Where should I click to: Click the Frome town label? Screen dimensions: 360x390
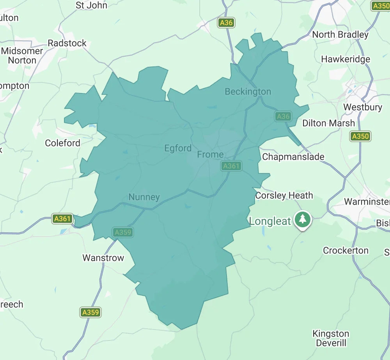coord(210,154)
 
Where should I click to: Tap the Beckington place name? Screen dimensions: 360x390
coord(248,91)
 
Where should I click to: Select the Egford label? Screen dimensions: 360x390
coord(178,148)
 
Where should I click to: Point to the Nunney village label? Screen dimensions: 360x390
coord(144,197)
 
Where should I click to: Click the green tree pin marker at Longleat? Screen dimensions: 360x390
coord(302,219)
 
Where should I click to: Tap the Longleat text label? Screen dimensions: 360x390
coord(270,221)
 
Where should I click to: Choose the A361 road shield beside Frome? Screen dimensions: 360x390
coord(231,166)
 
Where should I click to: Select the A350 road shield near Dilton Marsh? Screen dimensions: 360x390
coord(360,136)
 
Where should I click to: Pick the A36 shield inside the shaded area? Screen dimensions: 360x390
coord(283,116)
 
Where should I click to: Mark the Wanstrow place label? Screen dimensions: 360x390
coord(103,258)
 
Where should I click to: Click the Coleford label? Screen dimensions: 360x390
coord(62,143)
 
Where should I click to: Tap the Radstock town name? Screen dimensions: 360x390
coord(67,43)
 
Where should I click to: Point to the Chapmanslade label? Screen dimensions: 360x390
coord(293,157)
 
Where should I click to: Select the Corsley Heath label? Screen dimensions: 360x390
coord(284,195)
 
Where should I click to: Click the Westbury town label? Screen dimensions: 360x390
coord(362,107)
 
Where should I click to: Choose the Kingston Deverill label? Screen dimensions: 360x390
coord(331,338)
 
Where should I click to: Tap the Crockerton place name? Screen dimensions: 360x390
coord(346,250)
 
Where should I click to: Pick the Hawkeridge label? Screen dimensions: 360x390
coord(346,59)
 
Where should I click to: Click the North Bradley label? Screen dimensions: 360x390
coord(340,34)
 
